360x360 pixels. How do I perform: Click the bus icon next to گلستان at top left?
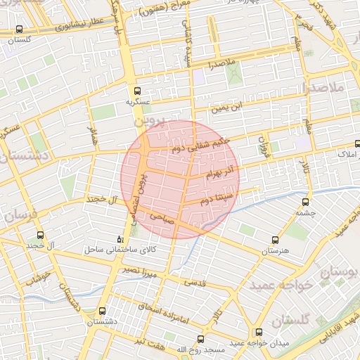[19, 30]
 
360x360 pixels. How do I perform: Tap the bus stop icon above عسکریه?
[137, 90]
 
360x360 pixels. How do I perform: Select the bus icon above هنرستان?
[284, 240]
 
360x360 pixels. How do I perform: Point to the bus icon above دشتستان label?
[103, 310]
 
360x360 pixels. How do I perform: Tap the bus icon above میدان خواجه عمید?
[259, 331]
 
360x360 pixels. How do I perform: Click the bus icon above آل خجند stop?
[39, 235]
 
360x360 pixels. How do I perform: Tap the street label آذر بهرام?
[223, 172]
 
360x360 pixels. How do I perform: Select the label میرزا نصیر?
[133, 270]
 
